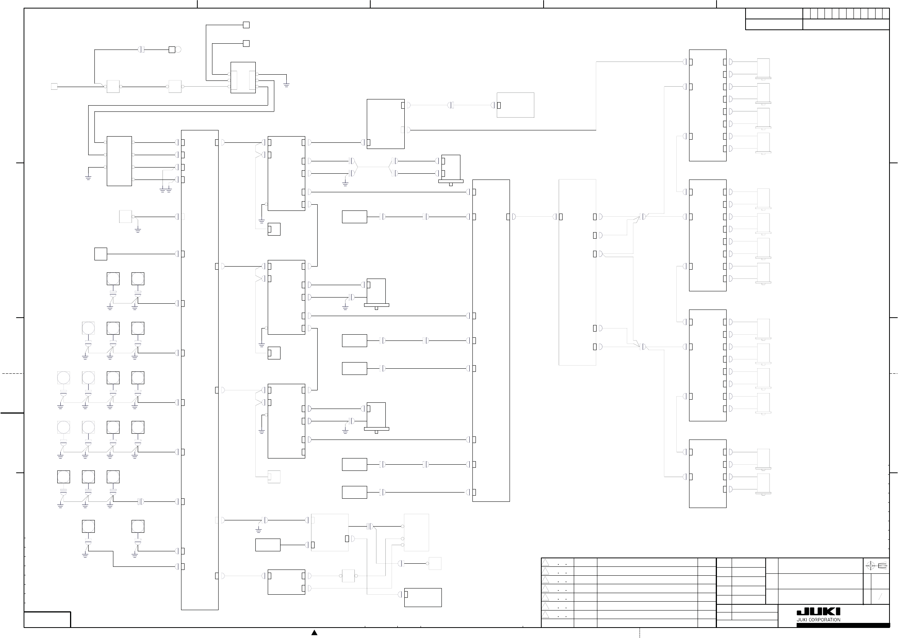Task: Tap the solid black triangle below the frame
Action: (314, 633)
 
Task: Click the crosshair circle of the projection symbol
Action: (870, 566)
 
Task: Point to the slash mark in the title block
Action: (880, 597)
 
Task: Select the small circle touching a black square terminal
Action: (178, 50)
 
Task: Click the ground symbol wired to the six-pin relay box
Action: (286, 85)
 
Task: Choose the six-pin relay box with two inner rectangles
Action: (243, 77)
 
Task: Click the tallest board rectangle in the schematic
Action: (200, 369)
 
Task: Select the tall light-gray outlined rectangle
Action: (577, 272)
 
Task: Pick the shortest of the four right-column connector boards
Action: (708, 474)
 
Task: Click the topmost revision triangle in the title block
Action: (545, 563)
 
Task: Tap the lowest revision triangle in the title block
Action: (545, 615)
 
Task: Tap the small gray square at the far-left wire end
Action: (54, 86)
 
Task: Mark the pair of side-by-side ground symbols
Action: (166, 190)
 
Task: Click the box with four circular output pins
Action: (120, 161)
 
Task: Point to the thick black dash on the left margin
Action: (12, 413)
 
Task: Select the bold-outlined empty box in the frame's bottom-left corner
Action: (47, 619)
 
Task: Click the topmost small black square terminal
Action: (246, 25)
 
